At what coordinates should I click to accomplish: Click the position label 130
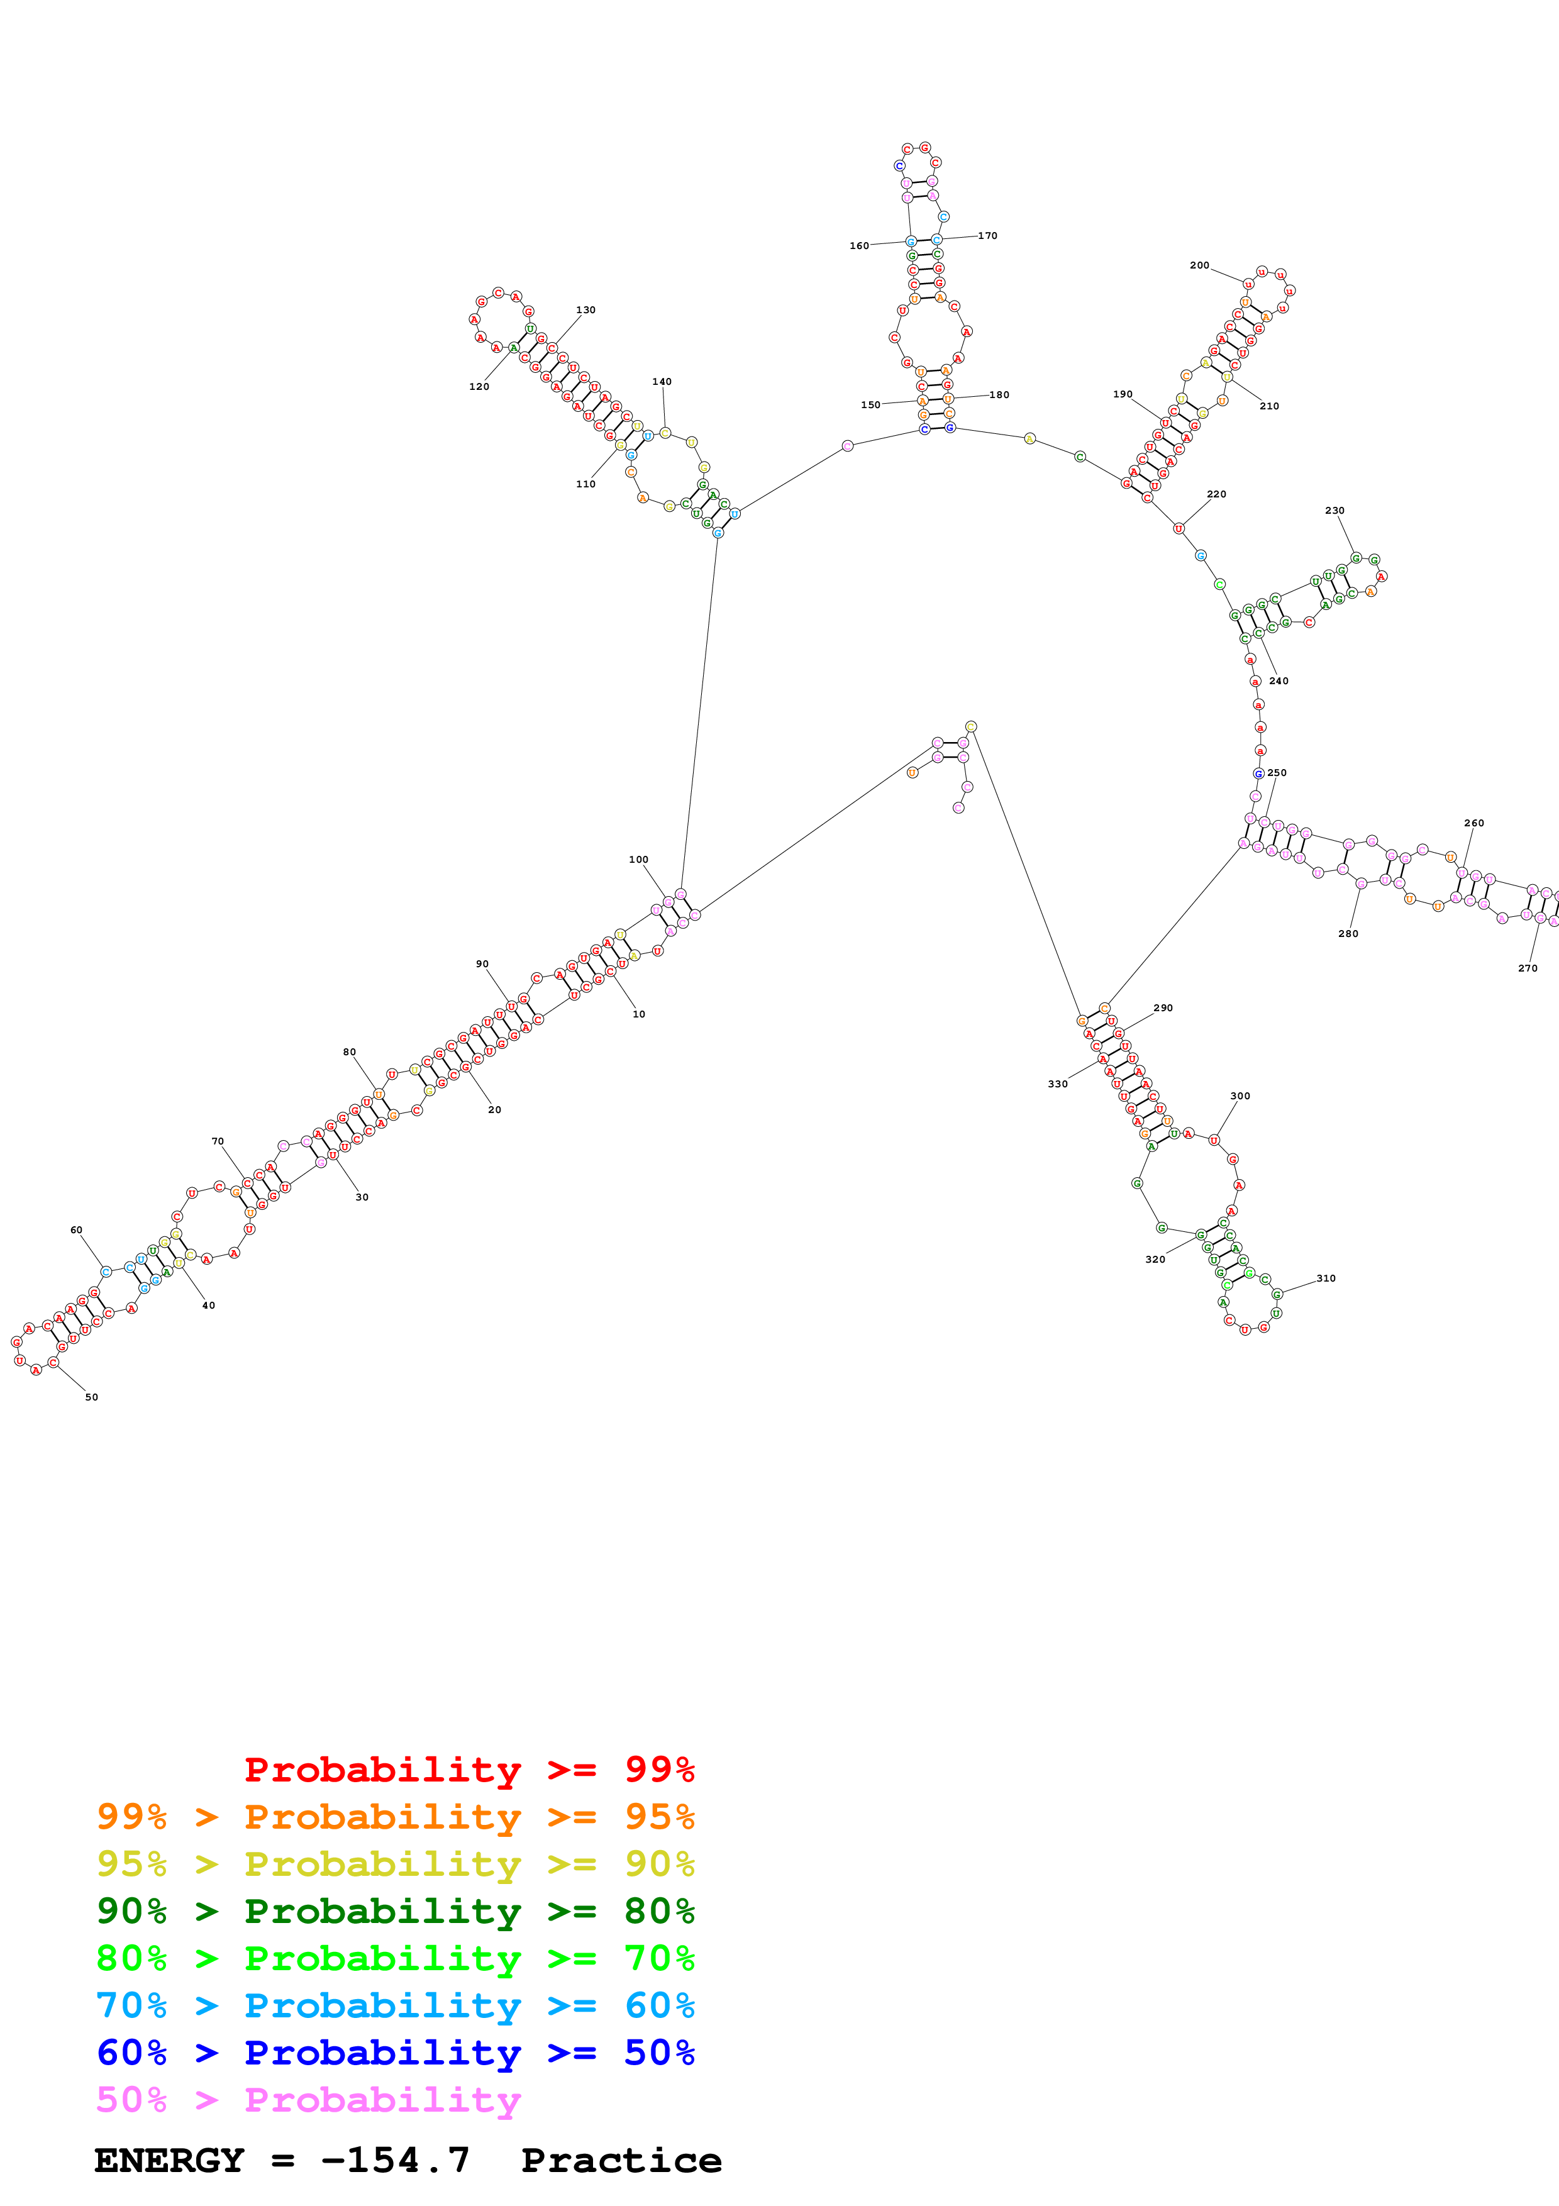pos(585,311)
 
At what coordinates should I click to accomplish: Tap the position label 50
pos(91,1397)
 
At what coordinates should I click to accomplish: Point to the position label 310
pos(1326,1278)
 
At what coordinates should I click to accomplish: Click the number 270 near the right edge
pos(1528,968)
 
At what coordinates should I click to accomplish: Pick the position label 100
pos(638,860)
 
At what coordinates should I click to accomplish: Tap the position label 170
pos(987,235)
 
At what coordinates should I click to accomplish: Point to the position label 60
pos(76,1230)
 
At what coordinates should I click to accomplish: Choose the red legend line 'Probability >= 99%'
pos(469,1769)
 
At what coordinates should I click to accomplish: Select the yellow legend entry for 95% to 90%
pos(395,1864)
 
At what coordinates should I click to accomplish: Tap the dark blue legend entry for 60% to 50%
pos(395,2053)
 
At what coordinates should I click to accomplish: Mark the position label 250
pos(1277,772)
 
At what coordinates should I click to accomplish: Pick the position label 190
pos(1122,394)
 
